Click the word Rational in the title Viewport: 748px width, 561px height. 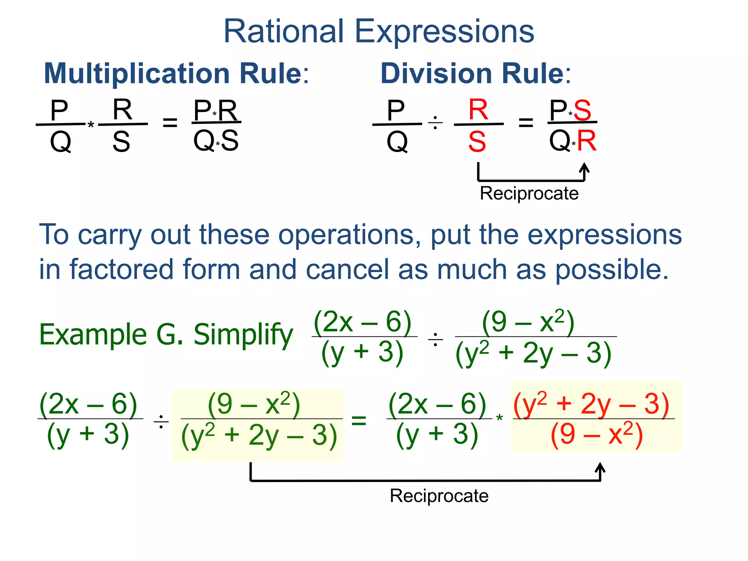click(x=283, y=31)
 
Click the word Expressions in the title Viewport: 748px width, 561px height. click(x=444, y=32)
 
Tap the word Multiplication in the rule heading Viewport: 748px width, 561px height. click(x=137, y=73)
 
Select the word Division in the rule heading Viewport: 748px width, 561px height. click(x=436, y=73)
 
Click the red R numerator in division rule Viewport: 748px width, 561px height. click(x=478, y=110)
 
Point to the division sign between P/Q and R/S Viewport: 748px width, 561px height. click(x=435, y=123)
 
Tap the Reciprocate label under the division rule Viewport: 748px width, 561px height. click(x=529, y=193)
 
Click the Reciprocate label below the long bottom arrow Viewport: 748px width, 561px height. click(x=439, y=496)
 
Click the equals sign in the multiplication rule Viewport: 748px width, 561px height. click(x=170, y=123)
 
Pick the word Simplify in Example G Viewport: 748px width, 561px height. click(x=243, y=335)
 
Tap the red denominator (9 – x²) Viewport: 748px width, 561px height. click(x=596, y=435)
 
